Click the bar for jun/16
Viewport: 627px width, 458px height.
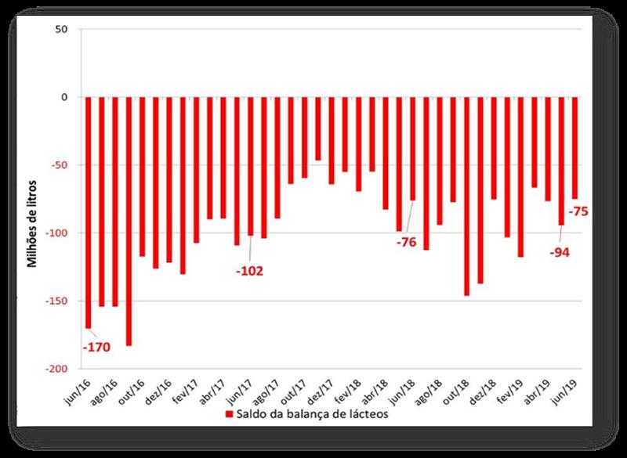89,211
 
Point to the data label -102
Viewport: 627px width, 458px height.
249,271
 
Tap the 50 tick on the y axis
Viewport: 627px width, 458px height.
63,30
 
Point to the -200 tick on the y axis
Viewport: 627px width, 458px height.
58,369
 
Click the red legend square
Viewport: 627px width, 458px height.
229,414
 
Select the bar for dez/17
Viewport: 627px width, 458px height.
318,128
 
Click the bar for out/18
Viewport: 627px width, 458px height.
467,196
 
